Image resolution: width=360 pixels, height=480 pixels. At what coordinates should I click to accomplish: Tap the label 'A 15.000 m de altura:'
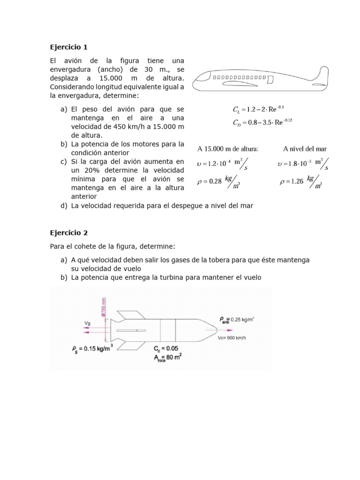click(x=228, y=149)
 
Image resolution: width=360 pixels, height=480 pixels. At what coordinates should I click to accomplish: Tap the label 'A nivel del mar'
click(x=305, y=149)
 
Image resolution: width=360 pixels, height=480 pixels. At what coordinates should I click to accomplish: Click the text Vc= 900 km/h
click(x=232, y=338)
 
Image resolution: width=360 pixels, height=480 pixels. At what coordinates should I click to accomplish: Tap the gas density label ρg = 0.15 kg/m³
click(x=92, y=349)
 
